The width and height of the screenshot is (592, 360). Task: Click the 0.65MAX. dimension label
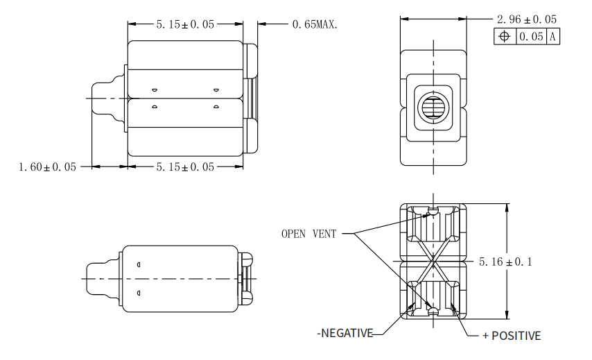coord(315,25)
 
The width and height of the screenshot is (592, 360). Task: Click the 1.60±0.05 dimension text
coord(48,166)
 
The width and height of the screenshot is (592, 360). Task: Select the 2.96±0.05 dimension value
coord(526,19)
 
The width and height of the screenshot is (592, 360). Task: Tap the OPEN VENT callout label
coord(308,234)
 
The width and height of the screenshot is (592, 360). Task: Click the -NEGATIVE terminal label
coord(345,334)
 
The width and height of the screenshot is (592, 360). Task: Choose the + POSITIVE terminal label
coord(512,336)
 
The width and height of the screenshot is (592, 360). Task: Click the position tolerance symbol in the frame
coord(504,37)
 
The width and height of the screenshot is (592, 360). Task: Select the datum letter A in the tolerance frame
coord(553,37)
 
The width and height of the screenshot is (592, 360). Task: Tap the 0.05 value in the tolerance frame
coord(532,37)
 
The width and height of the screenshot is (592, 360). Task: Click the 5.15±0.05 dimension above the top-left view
coord(185,25)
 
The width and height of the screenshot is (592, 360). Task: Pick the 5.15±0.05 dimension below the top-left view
coord(185,166)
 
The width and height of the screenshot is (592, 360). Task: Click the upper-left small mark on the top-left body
coord(155,90)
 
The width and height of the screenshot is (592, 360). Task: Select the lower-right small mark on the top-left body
coord(216,107)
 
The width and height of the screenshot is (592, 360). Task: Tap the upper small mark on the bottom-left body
coord(139,264)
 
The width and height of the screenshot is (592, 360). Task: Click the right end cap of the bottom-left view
coord(246,277)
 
